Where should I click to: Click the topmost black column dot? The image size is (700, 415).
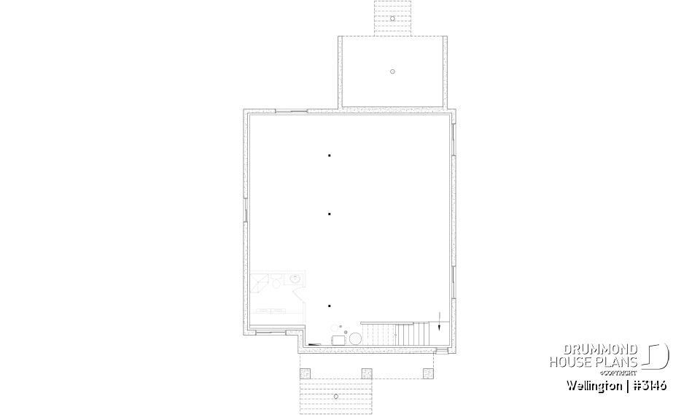click(x=330, y=155)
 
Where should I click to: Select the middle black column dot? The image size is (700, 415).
click(x=330, y=214)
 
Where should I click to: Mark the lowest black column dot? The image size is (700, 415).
click(x=330, y=306)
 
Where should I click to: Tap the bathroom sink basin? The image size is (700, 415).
click(x=297, y=279)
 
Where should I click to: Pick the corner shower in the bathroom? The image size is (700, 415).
click(x=260, y=282)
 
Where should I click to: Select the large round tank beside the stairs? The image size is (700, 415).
click(x=354, y=338)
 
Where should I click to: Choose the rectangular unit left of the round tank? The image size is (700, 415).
click(x=339, y=340)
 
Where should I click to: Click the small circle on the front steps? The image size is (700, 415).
click(x=335, y=396)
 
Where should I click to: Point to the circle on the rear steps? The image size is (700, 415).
click(x=392, y=18)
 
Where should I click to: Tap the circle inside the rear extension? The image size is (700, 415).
click(x=392, y=71)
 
